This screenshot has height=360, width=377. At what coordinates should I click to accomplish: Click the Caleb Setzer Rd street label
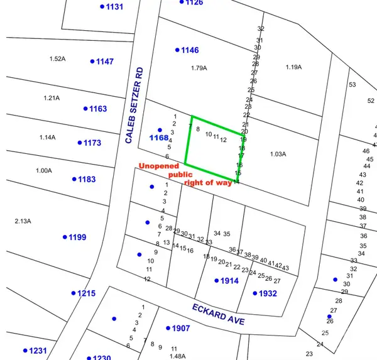click(136, 106)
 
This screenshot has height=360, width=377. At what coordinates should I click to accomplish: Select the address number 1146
click(190, 50)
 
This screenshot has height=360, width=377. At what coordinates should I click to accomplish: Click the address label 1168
click(158, 138)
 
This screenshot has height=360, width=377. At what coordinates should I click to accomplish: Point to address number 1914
click(229, 281)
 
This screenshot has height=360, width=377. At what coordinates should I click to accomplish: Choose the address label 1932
click(267, 293)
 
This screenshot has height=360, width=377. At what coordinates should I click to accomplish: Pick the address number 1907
click(181, 328)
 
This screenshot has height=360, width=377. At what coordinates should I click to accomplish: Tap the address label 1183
click(87, 180)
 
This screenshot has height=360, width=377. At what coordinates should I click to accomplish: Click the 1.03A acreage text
click(278, 154)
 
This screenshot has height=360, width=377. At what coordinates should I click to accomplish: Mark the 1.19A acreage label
click(293, 67)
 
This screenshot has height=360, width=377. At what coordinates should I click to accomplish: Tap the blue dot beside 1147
click(92, 61)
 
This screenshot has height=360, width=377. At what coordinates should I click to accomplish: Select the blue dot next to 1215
click(74, 293)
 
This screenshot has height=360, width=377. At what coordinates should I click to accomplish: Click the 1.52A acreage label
click(57, 58)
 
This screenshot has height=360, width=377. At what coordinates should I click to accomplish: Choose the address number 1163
click(98, 109)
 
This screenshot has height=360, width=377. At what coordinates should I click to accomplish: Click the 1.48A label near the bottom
click(177, 356)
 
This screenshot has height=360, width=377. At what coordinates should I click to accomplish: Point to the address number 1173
click(92, 143)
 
